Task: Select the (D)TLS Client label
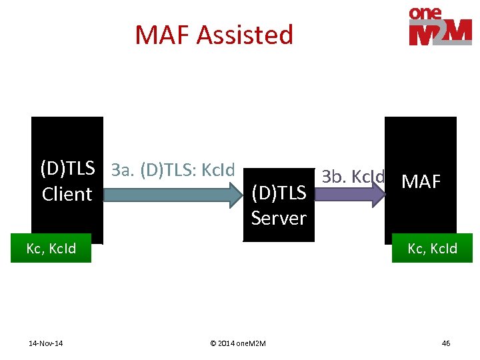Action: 67,181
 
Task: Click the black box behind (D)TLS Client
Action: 67,133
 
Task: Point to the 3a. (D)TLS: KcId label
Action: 173,170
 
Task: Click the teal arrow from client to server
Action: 167,195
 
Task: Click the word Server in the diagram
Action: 279,218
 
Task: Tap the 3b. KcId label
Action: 353,177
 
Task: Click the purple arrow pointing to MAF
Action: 347,194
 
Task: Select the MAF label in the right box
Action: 421,181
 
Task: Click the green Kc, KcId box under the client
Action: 51,249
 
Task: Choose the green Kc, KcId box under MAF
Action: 432,249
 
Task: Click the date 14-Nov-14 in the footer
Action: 47,343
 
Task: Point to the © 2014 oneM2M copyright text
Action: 237,343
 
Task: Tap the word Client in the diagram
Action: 67,194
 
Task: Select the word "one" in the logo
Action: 427,13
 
